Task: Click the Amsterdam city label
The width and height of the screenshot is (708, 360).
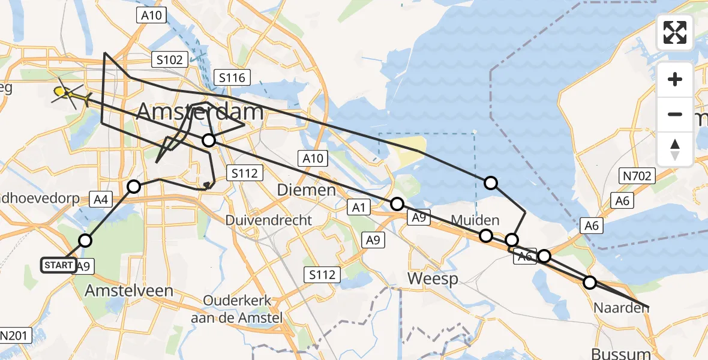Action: pos(200,112)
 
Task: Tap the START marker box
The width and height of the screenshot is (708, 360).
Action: pos(59,265)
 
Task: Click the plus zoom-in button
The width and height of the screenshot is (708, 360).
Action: pos(675,79)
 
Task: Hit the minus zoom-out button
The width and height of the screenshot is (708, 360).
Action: pos(675,114)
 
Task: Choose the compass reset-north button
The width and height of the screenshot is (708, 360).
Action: pos(675,149)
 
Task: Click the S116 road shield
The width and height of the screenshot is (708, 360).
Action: pos(232,77)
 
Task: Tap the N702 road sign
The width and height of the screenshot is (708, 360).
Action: pos(637,176)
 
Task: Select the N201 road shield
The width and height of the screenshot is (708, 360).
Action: pos(13,335)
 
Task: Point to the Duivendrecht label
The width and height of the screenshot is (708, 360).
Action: pos(269,220)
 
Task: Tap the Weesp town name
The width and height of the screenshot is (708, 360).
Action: pos(433,278)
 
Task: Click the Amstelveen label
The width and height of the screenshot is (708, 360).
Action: pos(129,291)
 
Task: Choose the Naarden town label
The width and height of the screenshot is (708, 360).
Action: pos(621,308)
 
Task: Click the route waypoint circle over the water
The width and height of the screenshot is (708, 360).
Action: pos(491,183)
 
